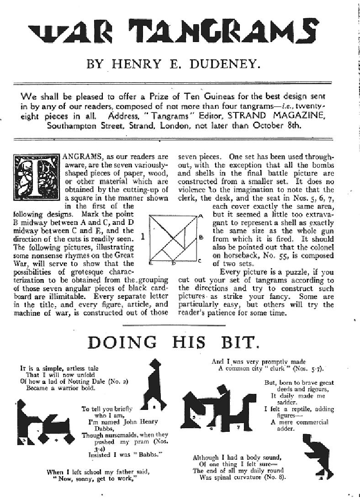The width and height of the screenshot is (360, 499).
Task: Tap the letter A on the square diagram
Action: pos(201,216)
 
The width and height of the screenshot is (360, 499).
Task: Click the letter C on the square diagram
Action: pos(200,260)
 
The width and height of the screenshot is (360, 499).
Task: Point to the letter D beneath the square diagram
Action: pos(173,264)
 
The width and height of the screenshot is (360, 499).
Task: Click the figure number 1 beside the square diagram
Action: pos(143,237)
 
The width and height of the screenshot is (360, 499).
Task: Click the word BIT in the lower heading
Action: pos(238,342)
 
